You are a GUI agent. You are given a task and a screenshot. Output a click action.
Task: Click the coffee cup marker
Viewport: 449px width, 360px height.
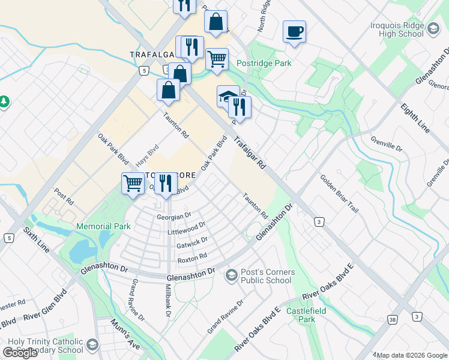[294, 31]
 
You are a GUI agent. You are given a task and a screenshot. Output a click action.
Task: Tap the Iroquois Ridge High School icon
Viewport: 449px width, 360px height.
[433, 27]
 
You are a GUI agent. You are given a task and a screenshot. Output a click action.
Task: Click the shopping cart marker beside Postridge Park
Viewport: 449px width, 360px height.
[217, 59]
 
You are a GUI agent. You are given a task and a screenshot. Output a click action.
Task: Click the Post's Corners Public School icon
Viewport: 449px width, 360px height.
[231, 275]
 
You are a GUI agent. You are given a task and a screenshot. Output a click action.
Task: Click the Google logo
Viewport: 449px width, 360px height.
[20, 353]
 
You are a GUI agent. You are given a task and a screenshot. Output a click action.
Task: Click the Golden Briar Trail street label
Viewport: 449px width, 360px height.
[339, 194]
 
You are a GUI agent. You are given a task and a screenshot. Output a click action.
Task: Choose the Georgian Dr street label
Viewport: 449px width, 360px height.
[174, 215]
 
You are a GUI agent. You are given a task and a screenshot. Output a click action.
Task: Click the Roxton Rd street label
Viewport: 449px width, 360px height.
[192, 257]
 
